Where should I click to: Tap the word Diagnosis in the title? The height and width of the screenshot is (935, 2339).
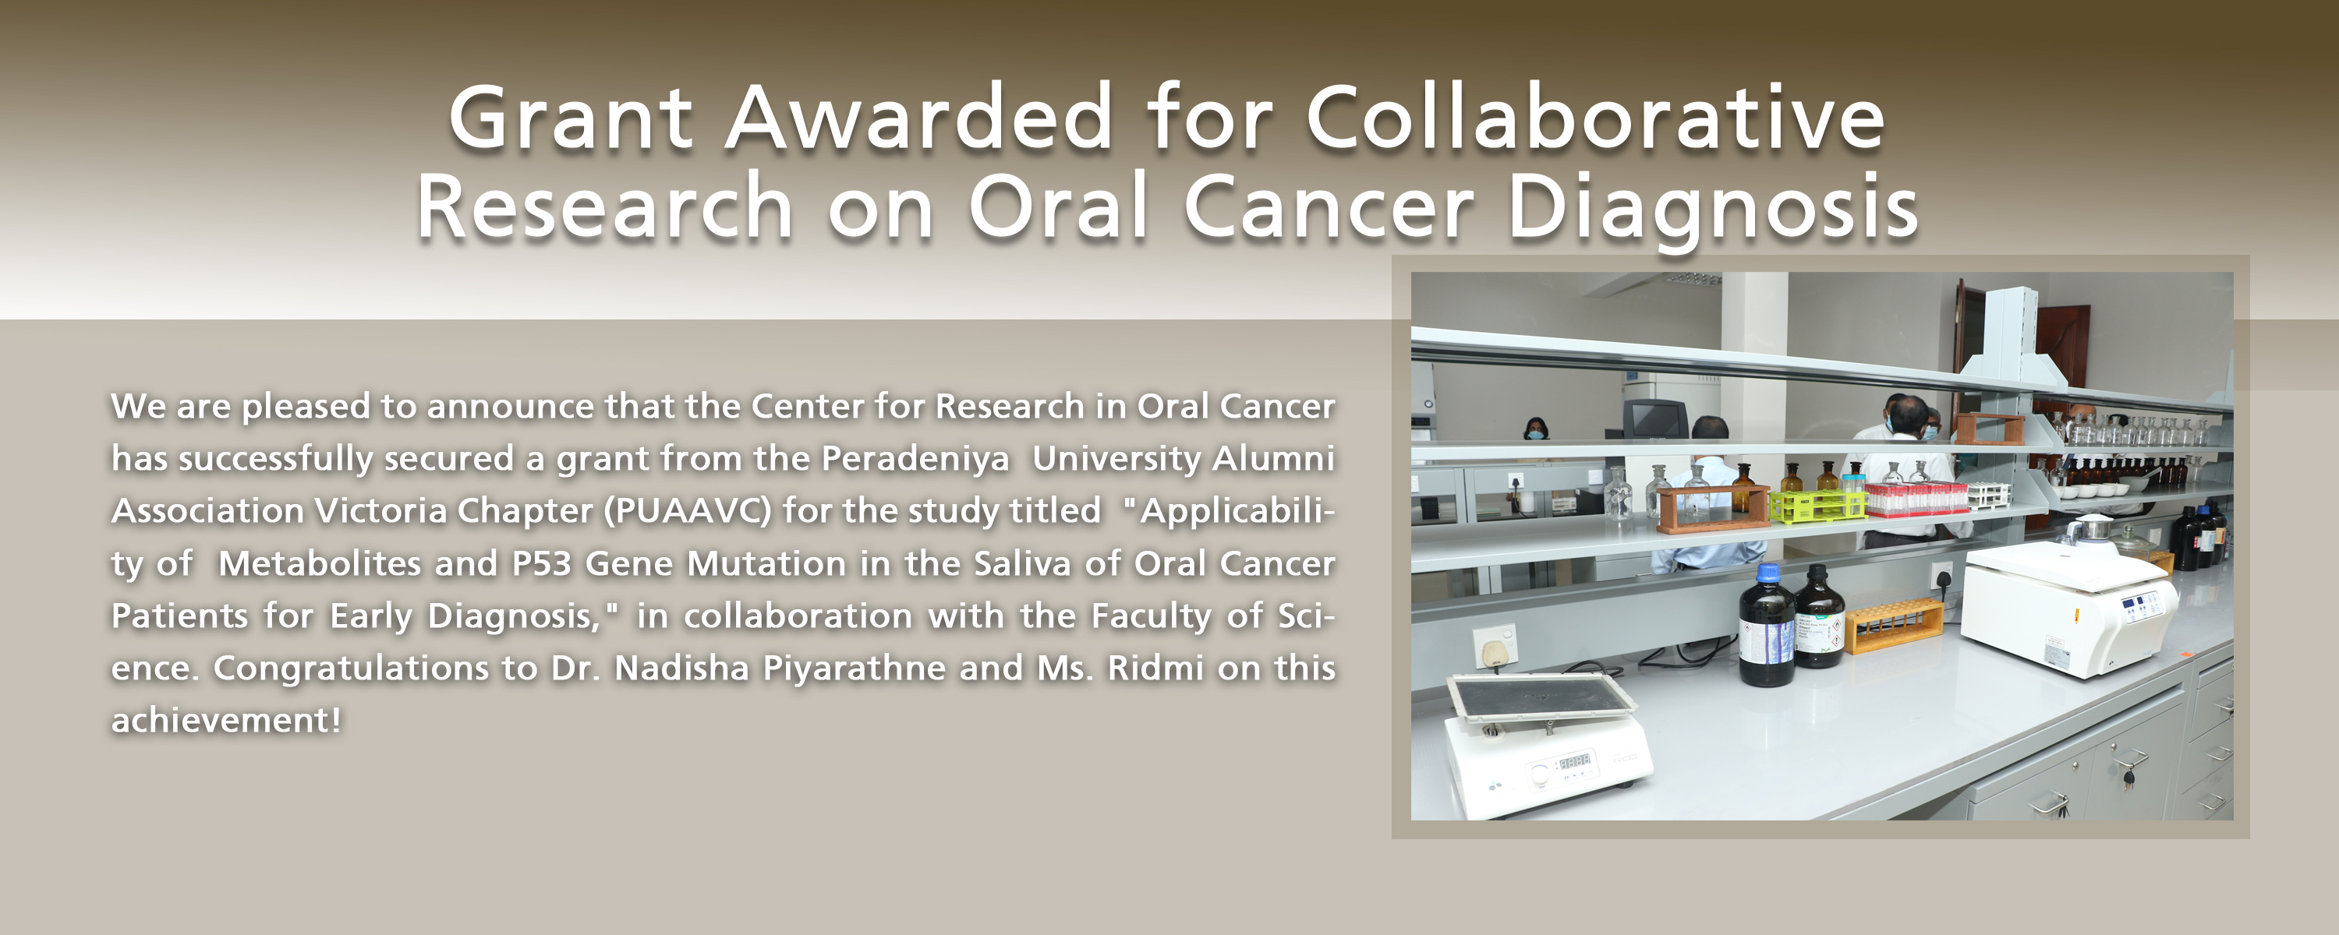(1712, 209)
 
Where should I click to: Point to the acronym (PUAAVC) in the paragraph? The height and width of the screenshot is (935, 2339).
(688, 510)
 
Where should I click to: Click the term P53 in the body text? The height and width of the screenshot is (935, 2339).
(541, 563)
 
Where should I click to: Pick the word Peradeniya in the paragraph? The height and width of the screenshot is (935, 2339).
(915, 458)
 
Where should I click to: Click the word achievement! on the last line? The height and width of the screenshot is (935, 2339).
(226, 720)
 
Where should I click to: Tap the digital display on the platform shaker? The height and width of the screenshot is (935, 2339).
(1573, 760)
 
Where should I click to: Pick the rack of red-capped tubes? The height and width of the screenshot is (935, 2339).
(1916, 497)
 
